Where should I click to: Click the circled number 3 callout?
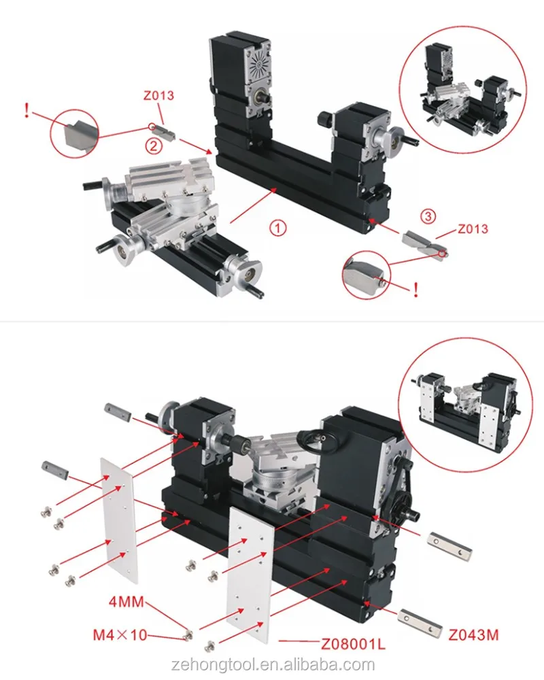click(x=426, y=217)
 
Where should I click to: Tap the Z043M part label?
click(x=474, y=635)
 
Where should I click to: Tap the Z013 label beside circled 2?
click(x=158, y=95)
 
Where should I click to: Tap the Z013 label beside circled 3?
click(x=473, y=228)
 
